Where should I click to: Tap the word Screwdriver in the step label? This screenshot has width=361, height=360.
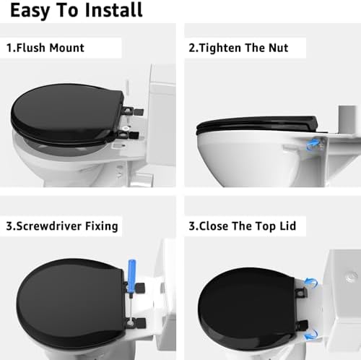click(x=48, y=226)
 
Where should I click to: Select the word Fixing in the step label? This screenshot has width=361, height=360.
click(x=101, y=226)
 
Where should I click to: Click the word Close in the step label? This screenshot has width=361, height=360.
click(x=217, y=226)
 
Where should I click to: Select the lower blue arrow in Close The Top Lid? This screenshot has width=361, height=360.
click(x=311, y=334)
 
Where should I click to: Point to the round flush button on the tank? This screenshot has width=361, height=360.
click(x=350, y=275)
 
